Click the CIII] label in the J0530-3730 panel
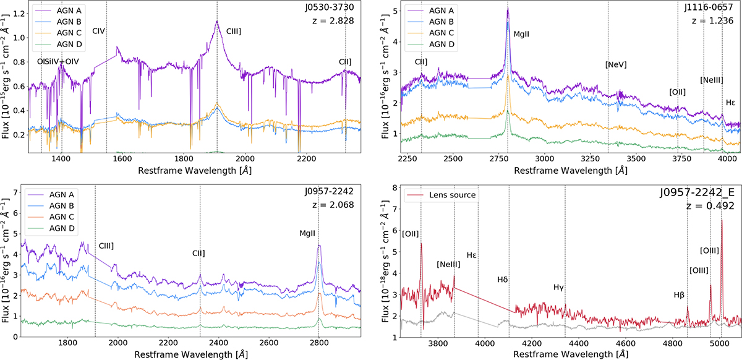click(x=234, y=32)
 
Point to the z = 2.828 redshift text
click(x=333, y=20)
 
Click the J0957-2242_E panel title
click(x=697, y=192)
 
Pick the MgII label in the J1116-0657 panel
click(x=521, y=34)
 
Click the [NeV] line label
click(x=616, y=65)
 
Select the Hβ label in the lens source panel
click(x=679, y=294)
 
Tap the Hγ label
click(x=558, y=288)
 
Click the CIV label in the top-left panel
click(x=99, y=31)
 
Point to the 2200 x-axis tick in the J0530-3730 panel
click(x=307, y=159)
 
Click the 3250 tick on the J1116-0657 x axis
click(x=591, y=159)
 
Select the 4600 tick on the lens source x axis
click(x=625, y=343)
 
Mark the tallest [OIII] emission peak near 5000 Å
click(x=722, y=220)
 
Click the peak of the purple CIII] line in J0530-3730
click(x=217, y=21)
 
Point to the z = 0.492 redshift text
click(x=710, y=206)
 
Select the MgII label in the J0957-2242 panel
click(x=307, y=233)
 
